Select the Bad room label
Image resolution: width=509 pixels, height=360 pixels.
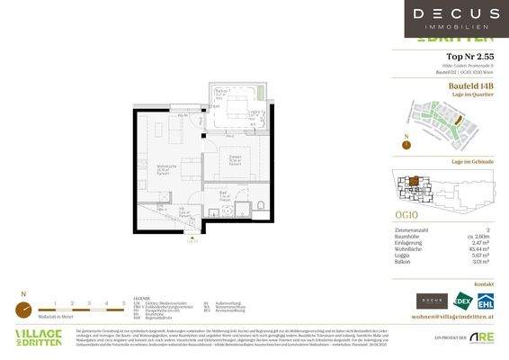tap(222, 194)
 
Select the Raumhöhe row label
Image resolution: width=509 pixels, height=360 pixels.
tap(409, 237)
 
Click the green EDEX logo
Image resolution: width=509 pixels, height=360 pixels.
tap(463, 301)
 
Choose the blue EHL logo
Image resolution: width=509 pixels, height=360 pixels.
tap(487, 301)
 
